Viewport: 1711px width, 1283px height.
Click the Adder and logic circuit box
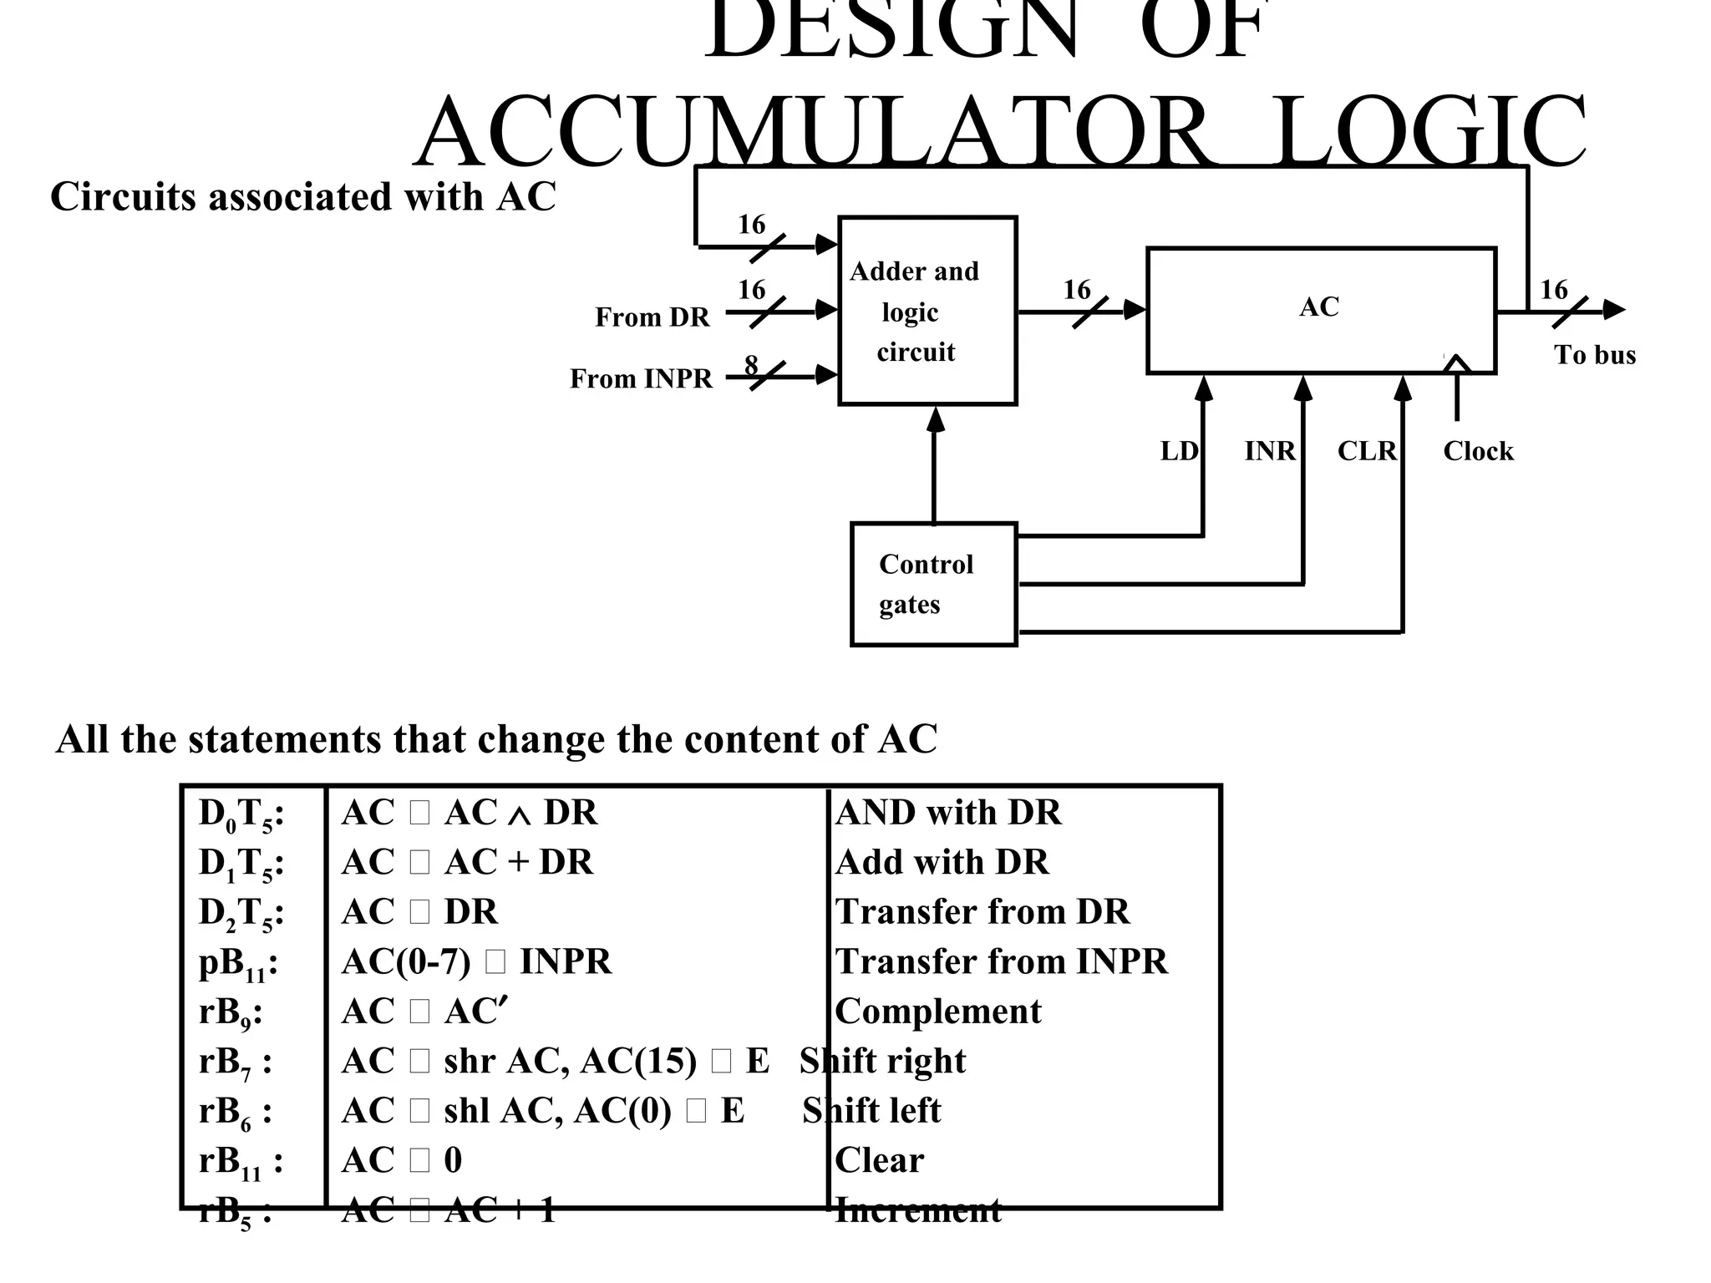click(927, 311)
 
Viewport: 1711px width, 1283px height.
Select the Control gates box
click(933, 584)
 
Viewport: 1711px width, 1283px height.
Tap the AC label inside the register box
click(1319, 307)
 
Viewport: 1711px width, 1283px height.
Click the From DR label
click(652, 317)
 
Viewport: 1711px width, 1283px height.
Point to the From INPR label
click(641, 378)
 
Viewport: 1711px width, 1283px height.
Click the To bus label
click(1594, 355)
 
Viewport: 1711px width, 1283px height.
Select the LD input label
click(1179, 451)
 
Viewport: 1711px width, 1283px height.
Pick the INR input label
click(1269, 451)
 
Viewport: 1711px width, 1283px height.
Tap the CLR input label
click(1367, 451)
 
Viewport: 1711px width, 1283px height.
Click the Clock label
click(1478, 451)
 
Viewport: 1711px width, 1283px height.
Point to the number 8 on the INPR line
click(751, 364)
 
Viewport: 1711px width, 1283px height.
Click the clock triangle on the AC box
click(1456, 363)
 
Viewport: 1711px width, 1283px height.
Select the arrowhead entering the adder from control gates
click(936, 419)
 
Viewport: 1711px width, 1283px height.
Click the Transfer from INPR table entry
click(1001, 961)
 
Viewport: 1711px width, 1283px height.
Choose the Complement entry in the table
click(937, 1012)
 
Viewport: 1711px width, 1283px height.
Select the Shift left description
click(871, 1111)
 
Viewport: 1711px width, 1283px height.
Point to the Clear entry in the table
click(879, 1160)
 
